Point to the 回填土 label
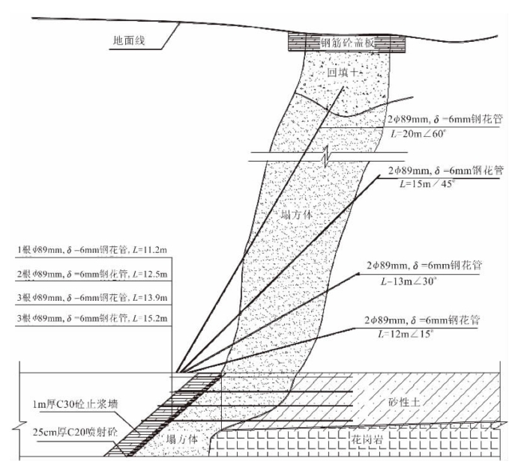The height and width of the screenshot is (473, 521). coord(346,73)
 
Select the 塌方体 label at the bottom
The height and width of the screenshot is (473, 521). coord(173,439)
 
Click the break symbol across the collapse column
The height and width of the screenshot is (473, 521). coord(325,157)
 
